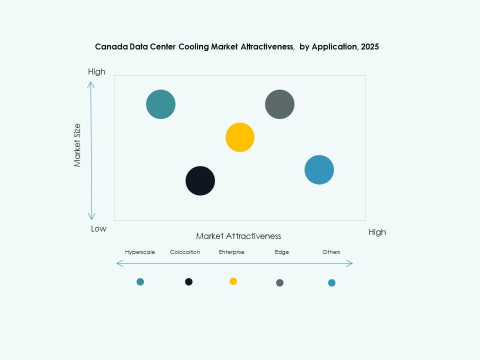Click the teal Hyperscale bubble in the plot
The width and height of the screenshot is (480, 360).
coord(160,104)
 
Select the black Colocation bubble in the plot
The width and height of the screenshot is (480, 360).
coord(200,180)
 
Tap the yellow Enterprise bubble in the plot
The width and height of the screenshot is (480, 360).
coord(240,137)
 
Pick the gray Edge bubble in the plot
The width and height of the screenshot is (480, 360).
coord(279,104)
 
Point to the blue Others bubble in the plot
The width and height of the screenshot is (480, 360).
coord(319,170)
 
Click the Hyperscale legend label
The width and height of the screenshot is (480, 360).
coord(140,252)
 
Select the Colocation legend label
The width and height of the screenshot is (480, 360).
coord(185,252)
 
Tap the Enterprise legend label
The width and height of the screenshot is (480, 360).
coord(231,252)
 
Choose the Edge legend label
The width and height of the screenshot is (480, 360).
coord(282,252)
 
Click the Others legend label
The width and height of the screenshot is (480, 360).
coord(331,252)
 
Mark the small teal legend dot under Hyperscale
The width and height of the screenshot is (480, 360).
coord(140,282)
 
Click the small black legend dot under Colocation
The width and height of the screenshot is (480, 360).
coord(188,282)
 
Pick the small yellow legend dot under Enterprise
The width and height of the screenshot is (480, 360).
coord(233,281)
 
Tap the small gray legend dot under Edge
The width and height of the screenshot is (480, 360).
coord(279,283)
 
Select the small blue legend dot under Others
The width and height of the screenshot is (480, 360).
coord(331,283)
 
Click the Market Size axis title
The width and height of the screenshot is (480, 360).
coord(77,145)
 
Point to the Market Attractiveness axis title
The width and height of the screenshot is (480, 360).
coord(238,236)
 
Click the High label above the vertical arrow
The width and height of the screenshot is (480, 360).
coord(96,71)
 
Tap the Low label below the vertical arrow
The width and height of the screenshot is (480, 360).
coord(98,228)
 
